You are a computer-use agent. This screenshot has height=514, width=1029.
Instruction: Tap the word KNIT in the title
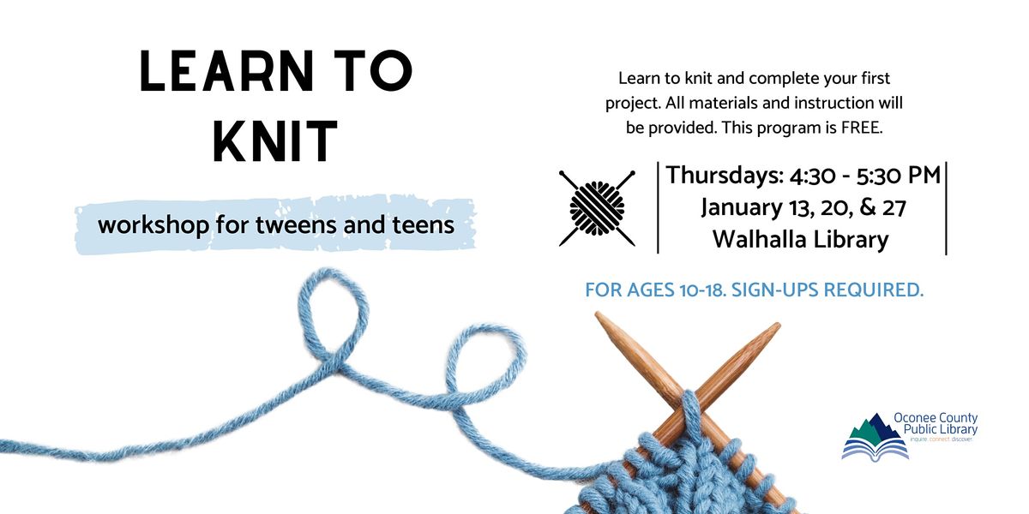(x=275, y=141)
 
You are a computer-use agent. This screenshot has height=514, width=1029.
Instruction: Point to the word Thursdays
(x=721, y=175)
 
